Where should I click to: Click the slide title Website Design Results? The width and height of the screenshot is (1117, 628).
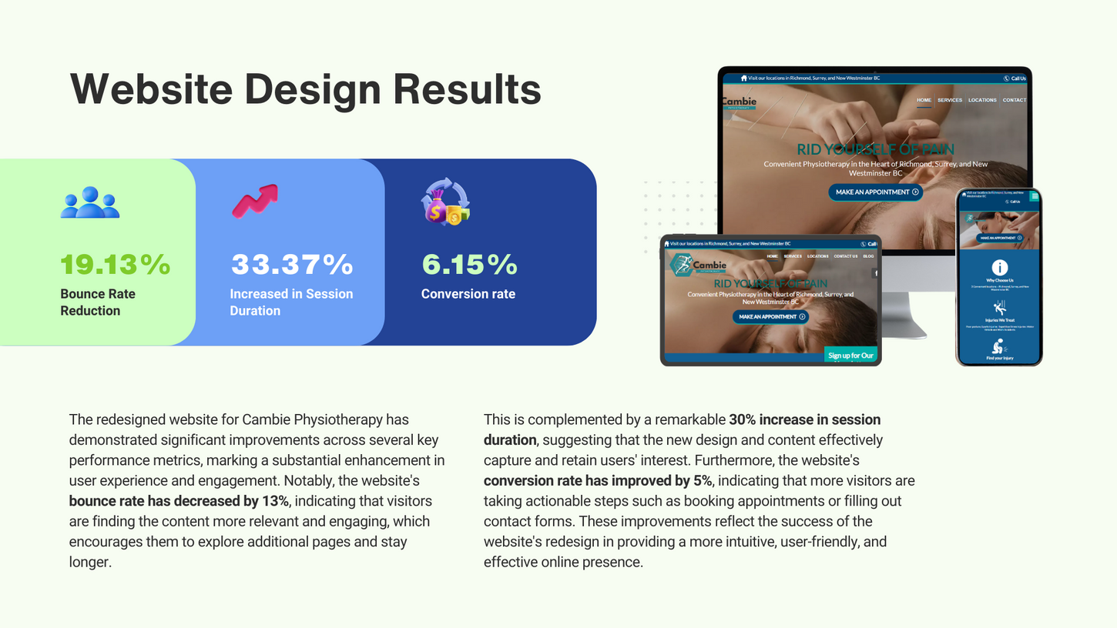point(306,89)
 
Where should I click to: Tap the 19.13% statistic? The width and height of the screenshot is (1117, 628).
point(116,265)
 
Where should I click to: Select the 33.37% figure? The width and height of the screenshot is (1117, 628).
point(292,265)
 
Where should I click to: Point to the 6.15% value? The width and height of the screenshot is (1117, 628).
point(469,265)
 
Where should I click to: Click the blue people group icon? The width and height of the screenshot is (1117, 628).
point(90,202)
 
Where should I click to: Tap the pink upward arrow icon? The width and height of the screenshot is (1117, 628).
point(255,201)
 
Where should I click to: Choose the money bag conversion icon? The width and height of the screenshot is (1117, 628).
point(444,202)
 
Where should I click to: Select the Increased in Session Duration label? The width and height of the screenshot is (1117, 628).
point(291,302)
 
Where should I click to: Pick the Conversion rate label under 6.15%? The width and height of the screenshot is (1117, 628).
point(468,294)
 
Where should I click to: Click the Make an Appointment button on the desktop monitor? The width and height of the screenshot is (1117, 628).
point(875,192)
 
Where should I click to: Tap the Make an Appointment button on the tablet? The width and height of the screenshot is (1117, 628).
point(770,317)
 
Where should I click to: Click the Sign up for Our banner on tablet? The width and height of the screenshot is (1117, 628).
point(850,356)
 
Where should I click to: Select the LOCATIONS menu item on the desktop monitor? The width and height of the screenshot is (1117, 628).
point(982,100)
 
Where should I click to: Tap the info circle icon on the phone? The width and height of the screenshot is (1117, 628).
point(999,267)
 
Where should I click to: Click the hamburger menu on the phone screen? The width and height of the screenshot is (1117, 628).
point(1035,197)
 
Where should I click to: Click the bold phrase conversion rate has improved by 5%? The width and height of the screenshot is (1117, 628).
point(598,481)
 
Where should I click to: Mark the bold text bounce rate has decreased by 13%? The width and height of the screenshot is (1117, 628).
point(179,501)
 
